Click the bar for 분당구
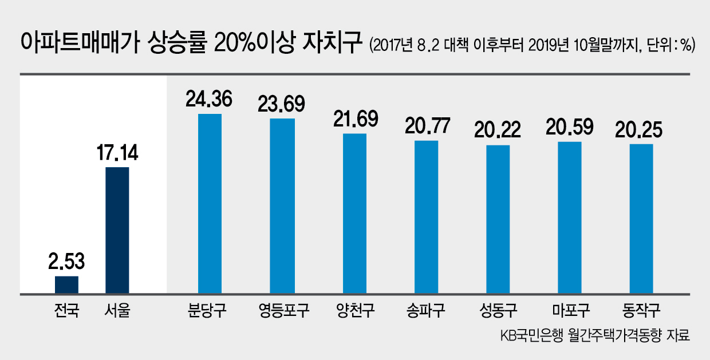[x=210, y=204]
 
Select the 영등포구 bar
[x=282, y=206]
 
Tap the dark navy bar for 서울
[x=117, y=231]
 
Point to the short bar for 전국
[x=66, y=285]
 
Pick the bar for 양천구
[x=354, y=213]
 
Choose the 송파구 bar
[x=427, y=217]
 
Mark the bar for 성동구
[x=498, y=219]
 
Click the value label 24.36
[x=209, y=99]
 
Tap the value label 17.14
[x=117, y=153]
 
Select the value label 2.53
[x=66, y=261]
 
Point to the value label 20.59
[x=569, y=127]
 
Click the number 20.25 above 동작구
[x=638, y=130]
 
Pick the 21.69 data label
[x=356, y=119]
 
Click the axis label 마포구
[x=571, y=310]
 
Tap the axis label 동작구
[x=641, y=310]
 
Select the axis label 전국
[x=66, y=310]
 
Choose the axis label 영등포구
[x=283, y=310]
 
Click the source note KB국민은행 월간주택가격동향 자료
[x=595, y=335]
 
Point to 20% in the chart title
[x=235, y=42]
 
